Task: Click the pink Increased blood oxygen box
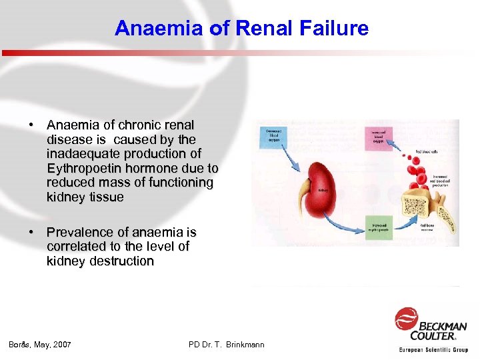click(379, 136)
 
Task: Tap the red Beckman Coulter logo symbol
click(405, 319)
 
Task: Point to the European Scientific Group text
click(433, 349)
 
